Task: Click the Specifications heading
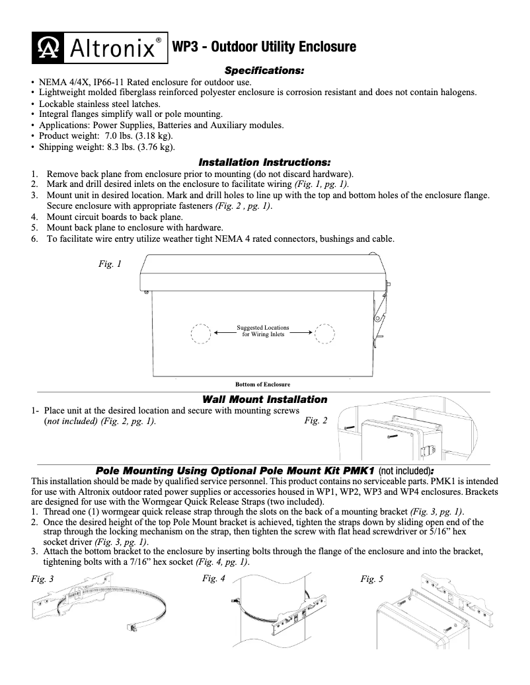(264, 70)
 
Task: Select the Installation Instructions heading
(264, 162)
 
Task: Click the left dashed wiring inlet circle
(201, 334)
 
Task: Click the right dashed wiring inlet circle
(324, 334)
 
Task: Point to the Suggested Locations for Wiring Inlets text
(263, 331)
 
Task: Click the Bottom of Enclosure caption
(263, 384)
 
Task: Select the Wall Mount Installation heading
(264, 400)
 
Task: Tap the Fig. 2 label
(316, 421)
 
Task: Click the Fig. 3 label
(43, 579)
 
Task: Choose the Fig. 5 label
(372, 579)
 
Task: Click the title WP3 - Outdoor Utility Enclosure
(264, 47)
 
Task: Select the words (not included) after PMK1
(404, 472)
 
